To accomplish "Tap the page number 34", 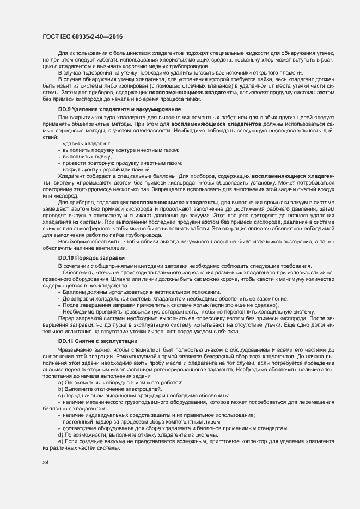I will pos(46,463).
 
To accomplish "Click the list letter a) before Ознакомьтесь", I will pos(60,382).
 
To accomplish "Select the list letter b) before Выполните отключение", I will pos(60,389).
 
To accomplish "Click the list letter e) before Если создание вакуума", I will pos(60,441).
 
